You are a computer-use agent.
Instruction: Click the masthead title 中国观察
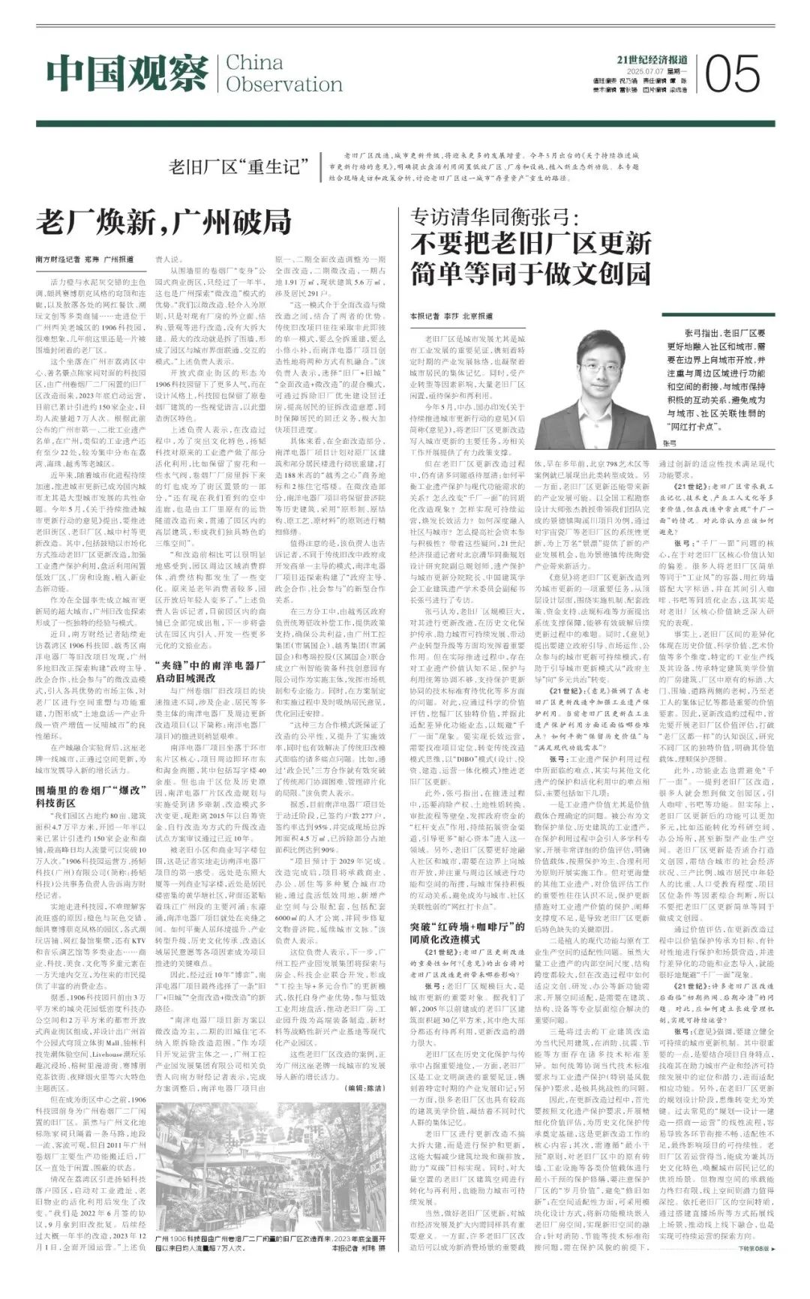[x=127, y=73]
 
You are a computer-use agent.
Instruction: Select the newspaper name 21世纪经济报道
[x=652, y=60]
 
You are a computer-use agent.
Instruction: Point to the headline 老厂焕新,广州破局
[x=163, y=223]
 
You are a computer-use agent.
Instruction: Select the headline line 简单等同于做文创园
[x=530, y=274]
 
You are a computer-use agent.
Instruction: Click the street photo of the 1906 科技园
[x=271, y=1159]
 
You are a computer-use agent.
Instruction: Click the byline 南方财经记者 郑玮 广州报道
[x=84, y=259]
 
